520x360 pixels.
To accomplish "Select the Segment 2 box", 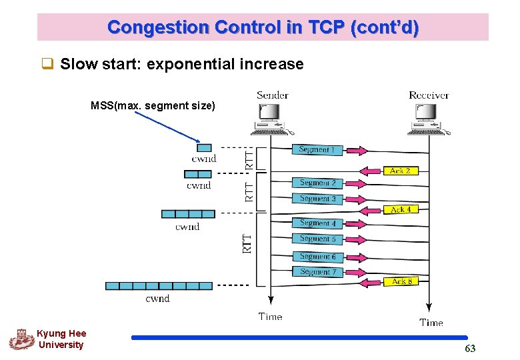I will coord(317,183).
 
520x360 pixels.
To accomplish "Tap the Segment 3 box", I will coord(317,199).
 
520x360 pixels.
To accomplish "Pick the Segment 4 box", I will coord(317,223).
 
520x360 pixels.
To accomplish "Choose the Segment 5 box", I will coord(317,239).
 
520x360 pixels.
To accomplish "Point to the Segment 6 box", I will coord(317,257).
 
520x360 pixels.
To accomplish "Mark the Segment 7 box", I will coord(317,272).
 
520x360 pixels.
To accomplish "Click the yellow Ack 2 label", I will coord(400,171).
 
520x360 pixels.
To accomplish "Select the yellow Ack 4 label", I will coord(400,209).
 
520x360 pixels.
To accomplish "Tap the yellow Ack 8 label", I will coord(401,281).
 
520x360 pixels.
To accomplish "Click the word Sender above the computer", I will coord(272,95).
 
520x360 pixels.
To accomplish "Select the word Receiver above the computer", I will coord(429,95).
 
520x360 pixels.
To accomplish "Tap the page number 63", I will coord(470,349).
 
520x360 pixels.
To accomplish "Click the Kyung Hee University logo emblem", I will coord(21,339).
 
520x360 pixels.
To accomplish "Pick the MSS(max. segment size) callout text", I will coord(153,105).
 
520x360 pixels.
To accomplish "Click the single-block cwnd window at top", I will coord(204,148).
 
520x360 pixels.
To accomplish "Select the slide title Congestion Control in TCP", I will coord(263,27).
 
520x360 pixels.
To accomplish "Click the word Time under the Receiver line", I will coord(431,323).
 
